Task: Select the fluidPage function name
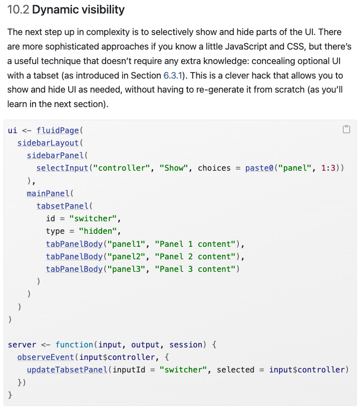click(58, 131)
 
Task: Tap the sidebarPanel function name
click(55, 156)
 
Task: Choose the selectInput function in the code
click(62, 168)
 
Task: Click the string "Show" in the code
click(174, 168)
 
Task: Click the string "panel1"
click(127, 244)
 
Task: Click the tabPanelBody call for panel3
click(74, 269)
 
